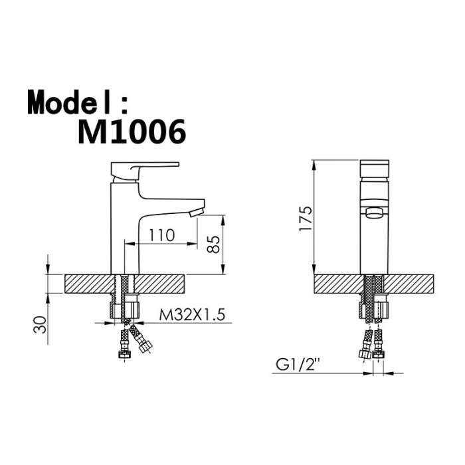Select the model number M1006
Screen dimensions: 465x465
pyautogui.click(x=132, y=132)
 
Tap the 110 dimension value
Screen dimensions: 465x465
pyautogui.click(x=161, y=236)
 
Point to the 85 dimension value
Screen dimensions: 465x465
pyautogui.click(x=213, y=244)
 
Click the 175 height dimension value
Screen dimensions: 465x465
pyautogui.click(x=306, y=219)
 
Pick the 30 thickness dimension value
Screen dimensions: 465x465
pyautogui.click(x=40, y=325)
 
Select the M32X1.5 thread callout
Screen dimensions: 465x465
pyautogui.click(x=192, y=315)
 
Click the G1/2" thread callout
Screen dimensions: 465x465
pyautogui.click(x=298, y=365)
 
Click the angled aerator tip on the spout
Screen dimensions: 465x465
pyautogui.click(x=197, y=212)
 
